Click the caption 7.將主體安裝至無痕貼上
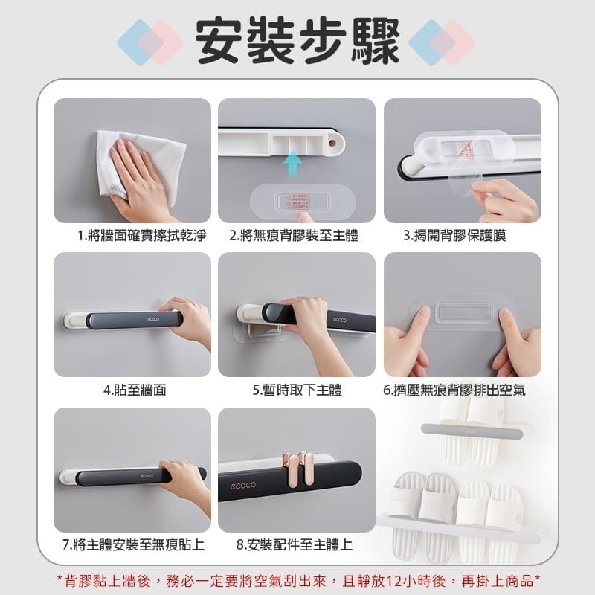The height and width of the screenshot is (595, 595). click(133, 544)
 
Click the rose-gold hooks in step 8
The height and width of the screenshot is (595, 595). click(295, 468)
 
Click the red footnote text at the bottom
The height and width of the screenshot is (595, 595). click(297, 579)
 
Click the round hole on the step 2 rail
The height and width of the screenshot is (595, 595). click(332, 139)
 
